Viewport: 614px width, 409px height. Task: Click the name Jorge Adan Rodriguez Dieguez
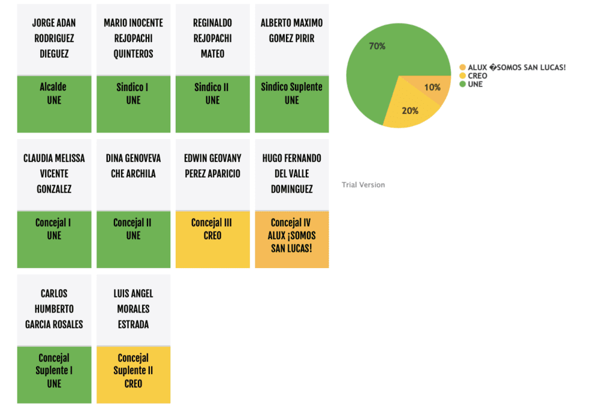point(54,38)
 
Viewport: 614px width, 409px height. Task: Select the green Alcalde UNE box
point(54,103)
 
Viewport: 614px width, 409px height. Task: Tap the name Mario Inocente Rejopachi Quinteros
point(133,38)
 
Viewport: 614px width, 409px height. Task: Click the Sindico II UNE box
point(212,103)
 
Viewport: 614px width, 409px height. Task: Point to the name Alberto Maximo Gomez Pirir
point(291,31)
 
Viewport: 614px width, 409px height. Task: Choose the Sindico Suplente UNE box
point(291,103)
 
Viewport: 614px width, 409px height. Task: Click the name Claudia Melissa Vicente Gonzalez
point(54,174)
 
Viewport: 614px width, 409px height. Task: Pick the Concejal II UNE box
point(133,239)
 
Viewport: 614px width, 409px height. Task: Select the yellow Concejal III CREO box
point(212,239)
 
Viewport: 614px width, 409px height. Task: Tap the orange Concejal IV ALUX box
point(291,239)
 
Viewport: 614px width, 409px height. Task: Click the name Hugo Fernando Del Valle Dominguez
point(291,174)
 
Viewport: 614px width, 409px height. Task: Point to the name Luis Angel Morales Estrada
point(133,309)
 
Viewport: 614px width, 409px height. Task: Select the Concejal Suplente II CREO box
point(133,374)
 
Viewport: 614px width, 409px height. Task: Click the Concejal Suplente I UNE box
point(54,374)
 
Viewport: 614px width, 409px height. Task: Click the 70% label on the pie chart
point(377,46)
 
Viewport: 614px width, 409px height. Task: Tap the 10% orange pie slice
point(431,88)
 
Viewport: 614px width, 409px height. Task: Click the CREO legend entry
point(477,76)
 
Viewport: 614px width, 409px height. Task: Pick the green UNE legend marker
point(462,85)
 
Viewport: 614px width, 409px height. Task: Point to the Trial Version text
point(363,185)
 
